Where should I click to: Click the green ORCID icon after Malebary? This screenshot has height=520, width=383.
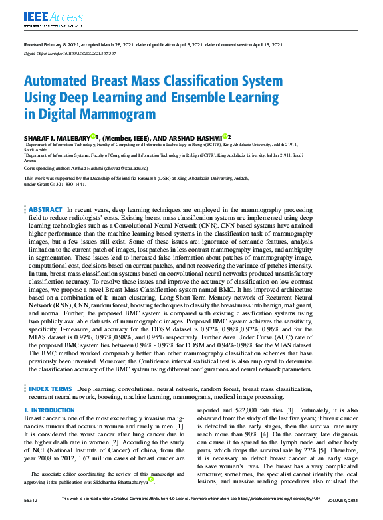coord(93,135)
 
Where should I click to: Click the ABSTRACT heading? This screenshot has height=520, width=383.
coord(46,209)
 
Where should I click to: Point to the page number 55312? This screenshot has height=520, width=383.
coord(31,498)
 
